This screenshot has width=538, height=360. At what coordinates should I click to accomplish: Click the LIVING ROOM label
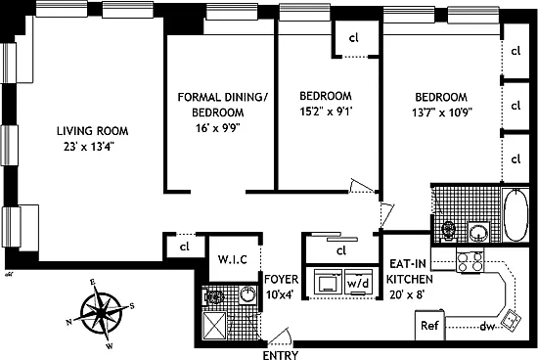[92, 131]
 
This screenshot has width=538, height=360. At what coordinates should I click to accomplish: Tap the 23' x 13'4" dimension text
[88, 147]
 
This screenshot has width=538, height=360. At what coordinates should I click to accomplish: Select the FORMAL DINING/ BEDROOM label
[222, 105]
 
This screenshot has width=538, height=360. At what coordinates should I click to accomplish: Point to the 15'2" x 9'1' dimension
[327, 112]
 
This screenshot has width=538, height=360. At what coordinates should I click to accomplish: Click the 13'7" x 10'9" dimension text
[442, 112]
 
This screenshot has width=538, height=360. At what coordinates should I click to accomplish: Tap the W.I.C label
[232, 259]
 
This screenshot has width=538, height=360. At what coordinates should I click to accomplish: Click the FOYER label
[282, 280]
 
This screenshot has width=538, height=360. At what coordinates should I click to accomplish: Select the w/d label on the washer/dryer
[358, 284]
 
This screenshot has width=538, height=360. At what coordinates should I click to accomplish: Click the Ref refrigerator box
[430, 326]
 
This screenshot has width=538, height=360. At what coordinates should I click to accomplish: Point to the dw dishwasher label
[487, 327]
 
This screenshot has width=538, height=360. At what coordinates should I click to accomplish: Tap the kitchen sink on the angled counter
[511, 319]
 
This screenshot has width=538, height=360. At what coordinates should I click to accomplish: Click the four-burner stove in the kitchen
[471, 261]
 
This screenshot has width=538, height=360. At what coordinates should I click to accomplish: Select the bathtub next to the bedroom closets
[516, 215]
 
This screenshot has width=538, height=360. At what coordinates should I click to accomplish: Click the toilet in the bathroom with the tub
[448, 230]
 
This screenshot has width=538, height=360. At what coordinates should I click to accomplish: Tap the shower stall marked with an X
[214, 326]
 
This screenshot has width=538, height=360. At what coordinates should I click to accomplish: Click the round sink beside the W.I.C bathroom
[247, 295]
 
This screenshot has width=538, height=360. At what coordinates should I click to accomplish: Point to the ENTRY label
[281, 355]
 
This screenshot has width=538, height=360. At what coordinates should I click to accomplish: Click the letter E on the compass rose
[92, 283]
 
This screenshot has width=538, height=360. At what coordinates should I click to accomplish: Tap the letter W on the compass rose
[110, 346]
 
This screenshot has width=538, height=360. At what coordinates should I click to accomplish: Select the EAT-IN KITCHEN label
[409, 271]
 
